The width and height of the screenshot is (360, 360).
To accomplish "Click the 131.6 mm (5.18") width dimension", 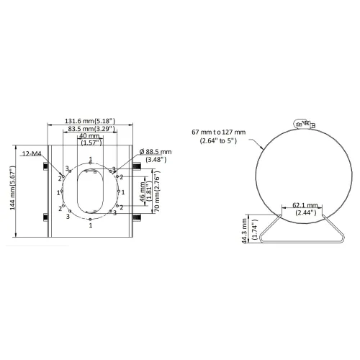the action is (90, 121).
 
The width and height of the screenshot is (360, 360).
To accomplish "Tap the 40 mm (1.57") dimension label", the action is (90, 140).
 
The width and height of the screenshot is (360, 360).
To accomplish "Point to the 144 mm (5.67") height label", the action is (13, 188).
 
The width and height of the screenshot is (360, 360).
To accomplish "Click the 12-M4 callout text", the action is (32, 153).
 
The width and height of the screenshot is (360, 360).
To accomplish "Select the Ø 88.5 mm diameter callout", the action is (156, 156).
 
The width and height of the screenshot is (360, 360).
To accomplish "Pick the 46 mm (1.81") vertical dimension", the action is (145, 192).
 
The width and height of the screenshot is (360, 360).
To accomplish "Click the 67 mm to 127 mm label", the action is (219, 136).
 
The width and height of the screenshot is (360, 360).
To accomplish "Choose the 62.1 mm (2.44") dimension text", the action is (305, 209).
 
